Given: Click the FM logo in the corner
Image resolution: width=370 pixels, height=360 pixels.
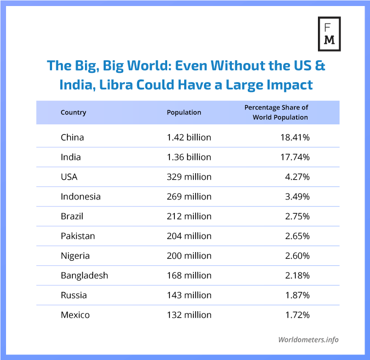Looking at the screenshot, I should click(329, 33).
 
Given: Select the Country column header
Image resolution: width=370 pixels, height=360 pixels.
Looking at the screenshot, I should click(73, 112).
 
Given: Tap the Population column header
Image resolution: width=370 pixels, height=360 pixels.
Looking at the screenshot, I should click(184, 112).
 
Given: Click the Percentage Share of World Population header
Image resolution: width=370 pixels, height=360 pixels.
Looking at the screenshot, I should click(276, 112).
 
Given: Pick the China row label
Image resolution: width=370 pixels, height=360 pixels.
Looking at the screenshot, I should click(72, 137).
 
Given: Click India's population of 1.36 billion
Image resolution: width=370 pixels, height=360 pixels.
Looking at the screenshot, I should click(189, 157).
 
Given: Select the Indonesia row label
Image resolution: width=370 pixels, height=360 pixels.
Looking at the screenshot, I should click(81, 196).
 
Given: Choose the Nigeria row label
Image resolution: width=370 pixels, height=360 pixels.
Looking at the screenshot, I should click(75, 255).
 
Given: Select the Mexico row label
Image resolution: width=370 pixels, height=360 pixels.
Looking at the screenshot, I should click(75, 315).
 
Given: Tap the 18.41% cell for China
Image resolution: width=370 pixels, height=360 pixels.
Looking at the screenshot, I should click(295, 137).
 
